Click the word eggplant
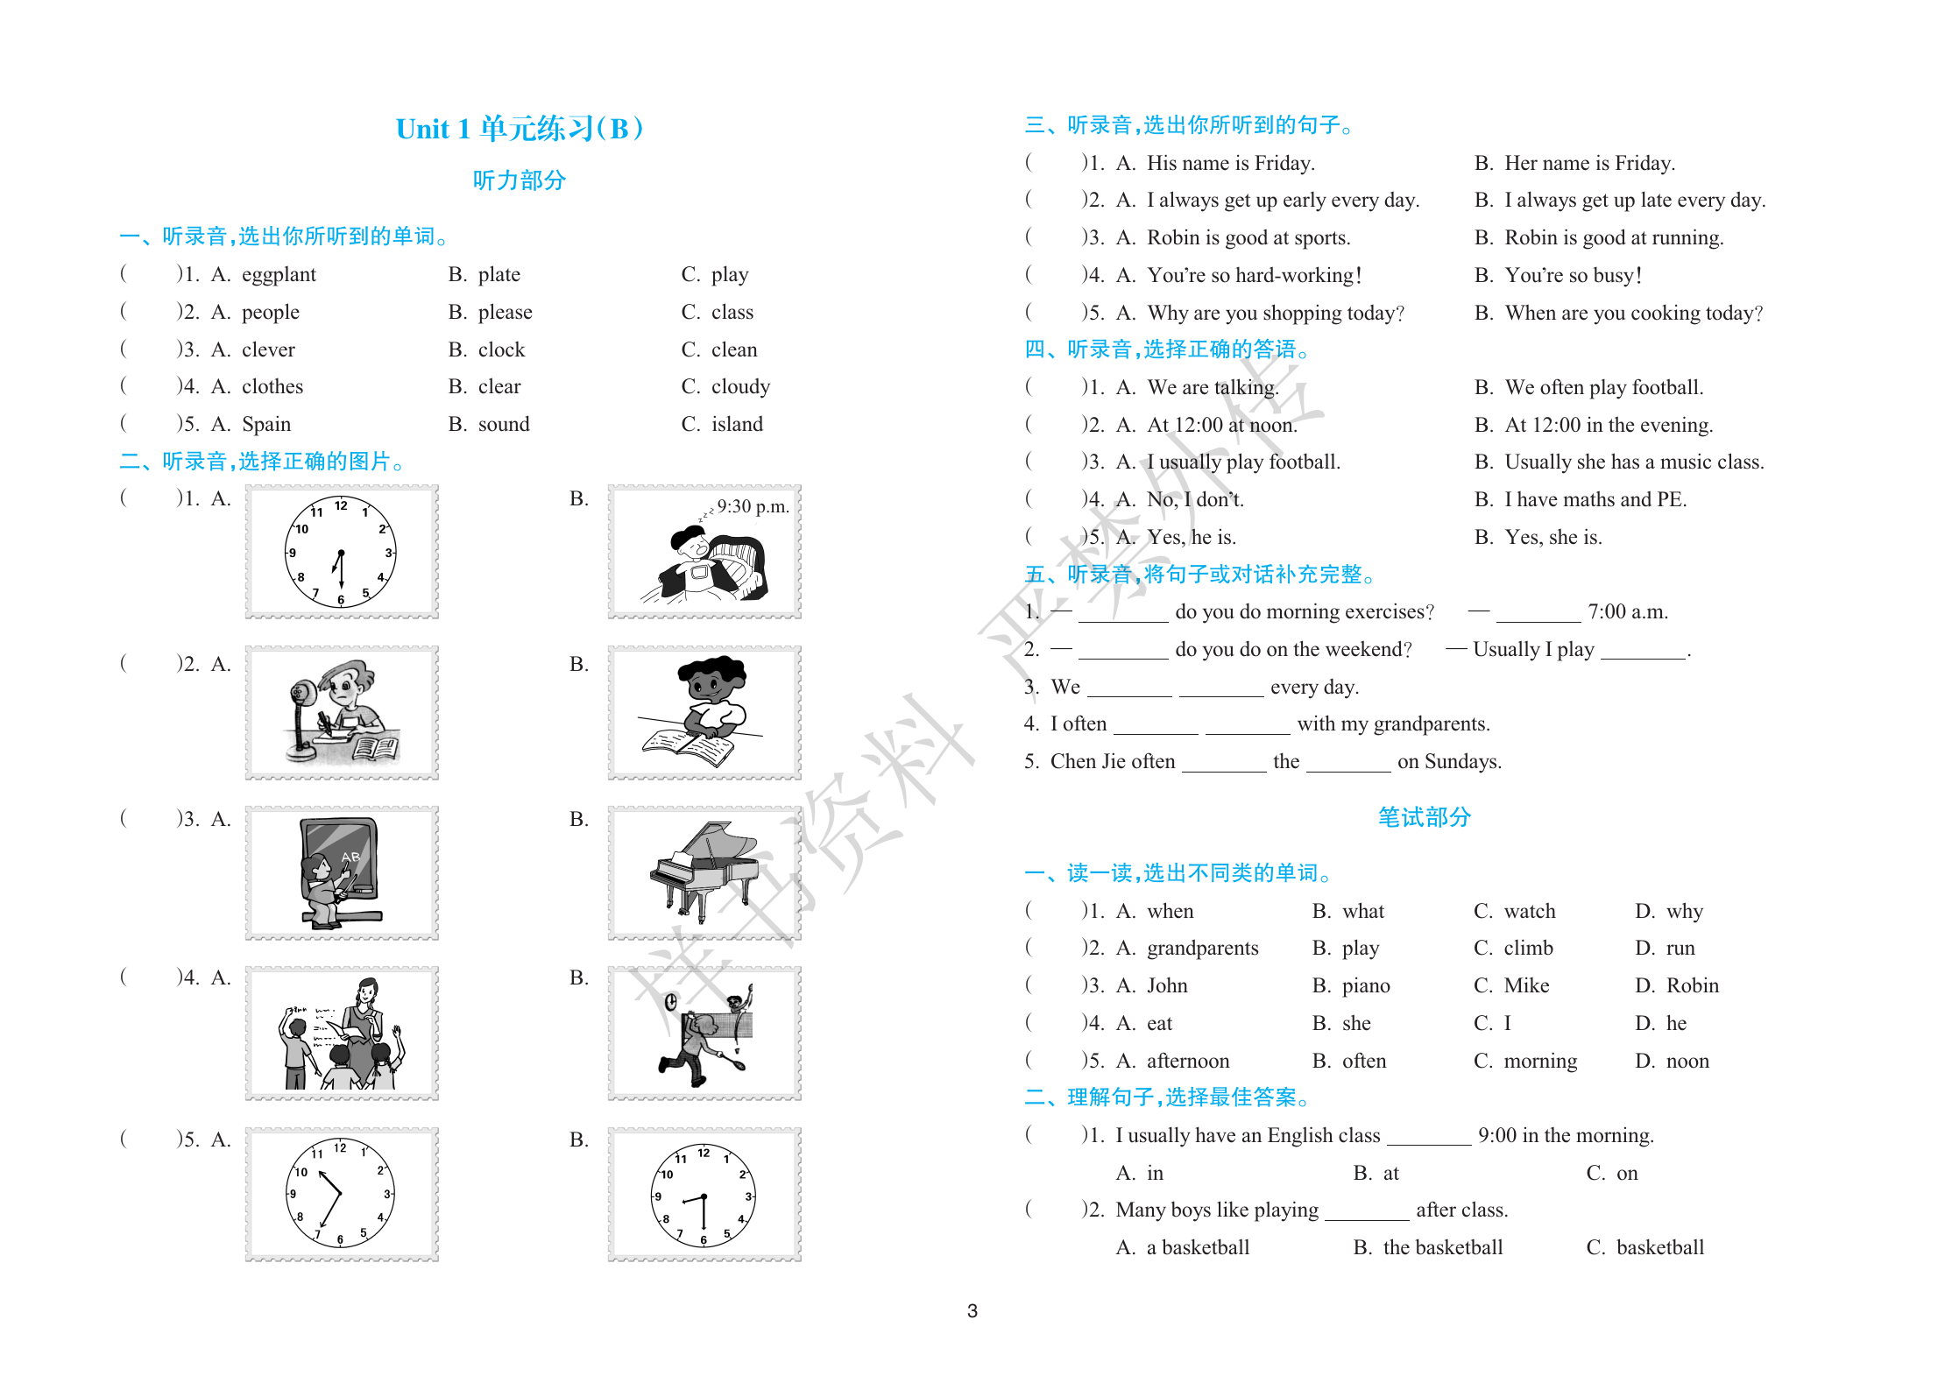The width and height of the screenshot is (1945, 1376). click(279, 275)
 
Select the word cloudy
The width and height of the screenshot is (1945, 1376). click(740, 387)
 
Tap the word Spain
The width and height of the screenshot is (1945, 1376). click(266, 425)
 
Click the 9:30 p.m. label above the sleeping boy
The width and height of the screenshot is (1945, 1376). click(753, 507)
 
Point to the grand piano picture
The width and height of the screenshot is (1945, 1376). click(704, 871)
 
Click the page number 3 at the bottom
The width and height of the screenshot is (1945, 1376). click(972, 1311)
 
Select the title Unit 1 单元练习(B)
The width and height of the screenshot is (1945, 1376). click(520, 130)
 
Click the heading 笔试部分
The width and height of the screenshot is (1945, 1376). click(1424, 818)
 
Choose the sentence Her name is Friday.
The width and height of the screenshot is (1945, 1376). click(1589, 164)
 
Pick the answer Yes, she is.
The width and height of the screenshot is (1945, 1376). click(1552, 538)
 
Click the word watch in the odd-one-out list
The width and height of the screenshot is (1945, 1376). click(1530, 912)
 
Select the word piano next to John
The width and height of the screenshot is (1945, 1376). click(1366, 986)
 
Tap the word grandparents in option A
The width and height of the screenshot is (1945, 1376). click(1202, 949)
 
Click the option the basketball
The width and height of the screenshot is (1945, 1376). click(1442, 1248)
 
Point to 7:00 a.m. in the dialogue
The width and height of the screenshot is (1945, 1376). click(1627, 612)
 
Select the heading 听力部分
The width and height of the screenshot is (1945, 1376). click(520, 181)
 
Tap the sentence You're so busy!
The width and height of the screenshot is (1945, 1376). click(1573, 276)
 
